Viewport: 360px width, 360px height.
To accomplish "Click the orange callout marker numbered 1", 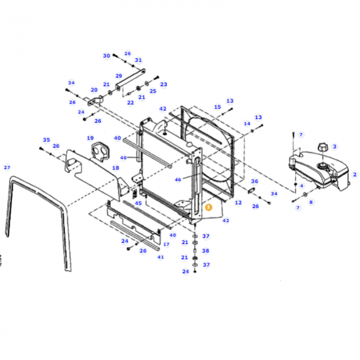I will [208, 207].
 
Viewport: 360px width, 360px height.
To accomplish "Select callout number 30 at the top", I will [106, 56].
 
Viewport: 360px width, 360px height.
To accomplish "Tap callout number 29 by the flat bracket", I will [119, 76].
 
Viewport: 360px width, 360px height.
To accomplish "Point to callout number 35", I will [46, 139].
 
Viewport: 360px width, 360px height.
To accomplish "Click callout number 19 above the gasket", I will [90, 138].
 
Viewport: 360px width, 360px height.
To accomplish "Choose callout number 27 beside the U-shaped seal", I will [7, 168].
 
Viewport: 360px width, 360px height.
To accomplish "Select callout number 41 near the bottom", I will [160, 257].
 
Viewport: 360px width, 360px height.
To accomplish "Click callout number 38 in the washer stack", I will [206, 251].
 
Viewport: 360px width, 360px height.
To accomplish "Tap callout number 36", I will [254, 181].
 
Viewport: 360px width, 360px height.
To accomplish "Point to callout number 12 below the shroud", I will [238, 203].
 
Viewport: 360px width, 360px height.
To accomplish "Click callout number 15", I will [218, 107].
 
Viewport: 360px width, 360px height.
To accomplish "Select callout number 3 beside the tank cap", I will [334, 147].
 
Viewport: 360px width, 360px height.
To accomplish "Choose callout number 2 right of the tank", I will [354, 174].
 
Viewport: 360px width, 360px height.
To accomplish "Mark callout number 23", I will [164, 84].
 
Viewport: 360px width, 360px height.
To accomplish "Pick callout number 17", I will [166, 244].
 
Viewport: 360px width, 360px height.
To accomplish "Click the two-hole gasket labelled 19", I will [98, 151].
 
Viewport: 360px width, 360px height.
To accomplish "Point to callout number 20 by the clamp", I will [94, 89].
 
